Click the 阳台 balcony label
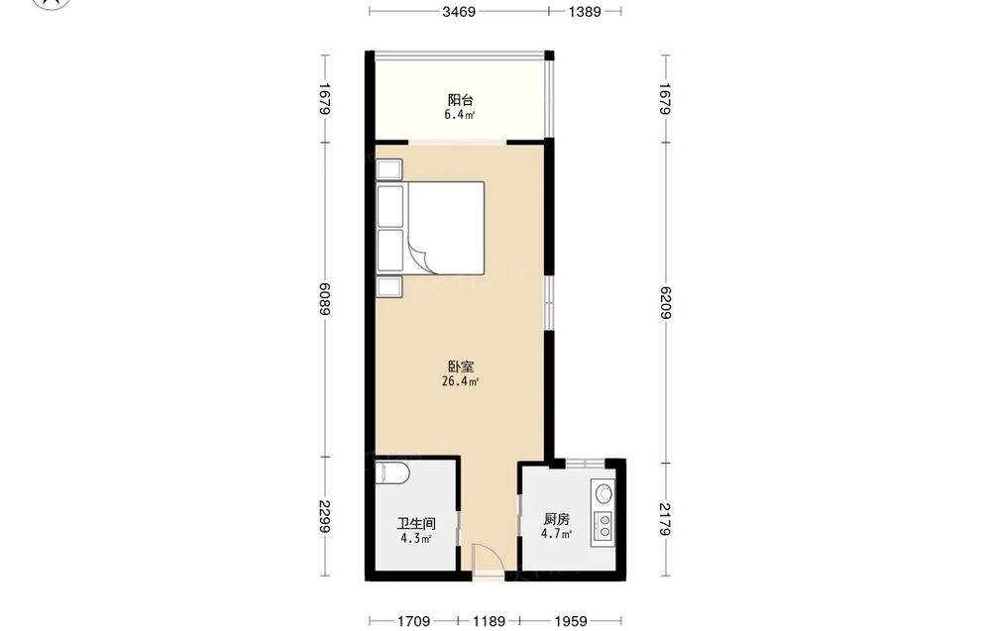pos(460,100)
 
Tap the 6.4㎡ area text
pos(460,115)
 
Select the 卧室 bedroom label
pos(461,367)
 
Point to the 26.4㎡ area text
pos(460,381)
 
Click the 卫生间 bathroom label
pos(416,524)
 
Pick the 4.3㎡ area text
pos(416,539)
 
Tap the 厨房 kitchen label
pos(556,520)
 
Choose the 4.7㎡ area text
pos(556,534)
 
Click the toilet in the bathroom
pos(391,473)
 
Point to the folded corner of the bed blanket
pos(419,258)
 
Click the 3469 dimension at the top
pos(459,11)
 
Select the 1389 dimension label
pos(585,11)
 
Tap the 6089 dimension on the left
pos(324,299)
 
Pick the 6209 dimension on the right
pos(664,303)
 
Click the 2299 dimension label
pos(324,517)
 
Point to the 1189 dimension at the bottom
pos(489,621)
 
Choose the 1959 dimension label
pos(571,621)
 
